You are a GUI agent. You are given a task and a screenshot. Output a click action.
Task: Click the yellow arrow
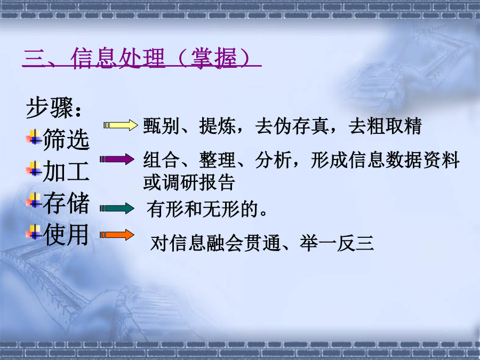(x=121, y=125)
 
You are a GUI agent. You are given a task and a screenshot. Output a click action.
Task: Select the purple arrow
(x=117, y=159)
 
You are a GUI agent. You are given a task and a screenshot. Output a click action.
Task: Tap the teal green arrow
(x=117, y=209)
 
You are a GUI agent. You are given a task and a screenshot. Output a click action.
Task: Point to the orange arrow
(x=117, y=235)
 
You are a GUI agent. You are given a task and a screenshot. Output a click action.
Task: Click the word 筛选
(x=66, y=139)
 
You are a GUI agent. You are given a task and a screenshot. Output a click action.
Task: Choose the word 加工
(x=66, y=171)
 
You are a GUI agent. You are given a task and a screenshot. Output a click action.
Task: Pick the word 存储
(x=66, y=203)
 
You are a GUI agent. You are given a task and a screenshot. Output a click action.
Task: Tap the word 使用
(x=66, y=235)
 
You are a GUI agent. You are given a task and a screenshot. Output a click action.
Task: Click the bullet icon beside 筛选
(x=34, y=137)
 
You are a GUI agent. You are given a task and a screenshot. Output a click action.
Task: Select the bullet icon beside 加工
(x=34, y=169)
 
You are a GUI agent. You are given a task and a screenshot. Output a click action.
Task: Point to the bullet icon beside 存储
(x=34, y=200)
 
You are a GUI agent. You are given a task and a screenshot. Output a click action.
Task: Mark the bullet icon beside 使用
(x=34, y=232)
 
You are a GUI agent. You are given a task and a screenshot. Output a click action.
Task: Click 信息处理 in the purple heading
(x=118, y=58)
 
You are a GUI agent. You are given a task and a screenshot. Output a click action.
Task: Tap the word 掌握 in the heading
(x=214, y=58)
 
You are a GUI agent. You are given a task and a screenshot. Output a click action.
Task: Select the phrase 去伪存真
(x=292, y=126)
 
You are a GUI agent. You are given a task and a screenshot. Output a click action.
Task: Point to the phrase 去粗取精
(x=385, y=126)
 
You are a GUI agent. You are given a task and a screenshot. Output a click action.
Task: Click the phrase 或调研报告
(x=189, y=182)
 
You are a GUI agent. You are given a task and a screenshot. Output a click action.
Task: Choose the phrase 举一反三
(x=337, y=243)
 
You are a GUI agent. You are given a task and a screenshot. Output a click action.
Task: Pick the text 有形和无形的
(x=202, y=210)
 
